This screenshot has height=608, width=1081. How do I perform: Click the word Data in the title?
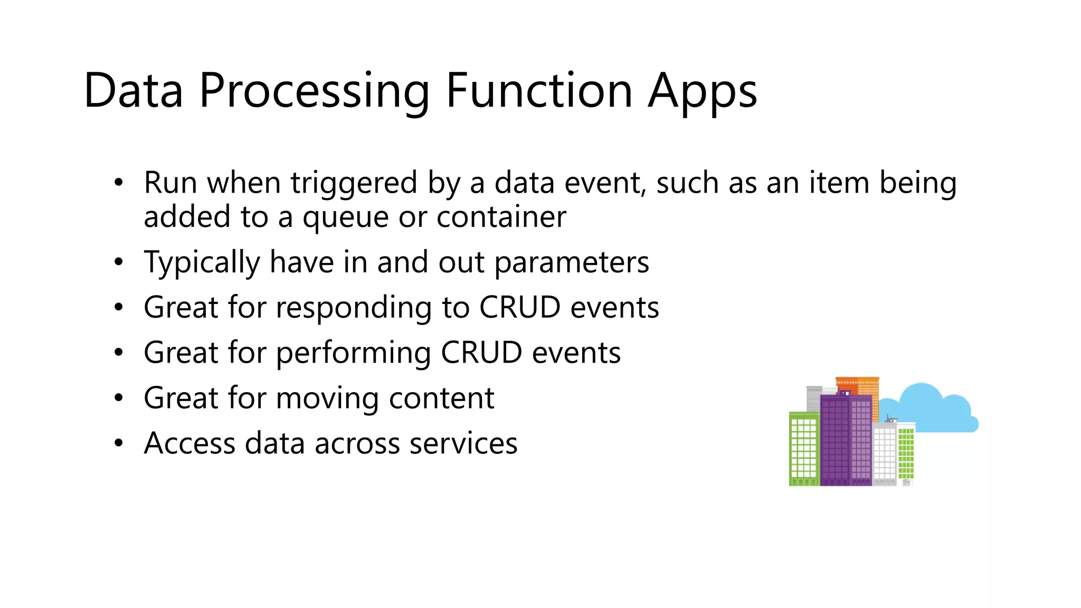click(x=133, y=91)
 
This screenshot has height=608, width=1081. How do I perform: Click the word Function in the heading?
click(x=538, y=91)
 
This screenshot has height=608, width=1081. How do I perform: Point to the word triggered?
click(x=354, y=184)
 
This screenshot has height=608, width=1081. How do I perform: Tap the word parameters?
click(x=572, y=263)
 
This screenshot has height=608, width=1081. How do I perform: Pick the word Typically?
click(x=202, y=263)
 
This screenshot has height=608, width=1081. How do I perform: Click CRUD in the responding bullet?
click(x=519, y=307)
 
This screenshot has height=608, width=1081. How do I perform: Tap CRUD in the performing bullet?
click(x=481, y=353)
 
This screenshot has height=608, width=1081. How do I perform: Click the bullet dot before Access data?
click(x=119, y=443)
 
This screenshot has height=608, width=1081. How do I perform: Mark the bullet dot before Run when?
click(x=119, y=183)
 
